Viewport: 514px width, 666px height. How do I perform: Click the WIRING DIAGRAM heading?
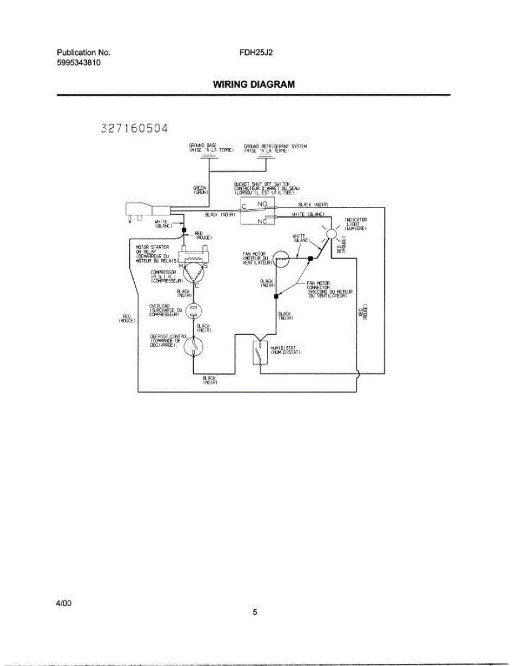click(x=253, y=84)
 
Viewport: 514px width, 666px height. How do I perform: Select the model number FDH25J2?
click(x=256, y=53)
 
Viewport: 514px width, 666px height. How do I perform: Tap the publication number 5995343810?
click(x=79, y=63)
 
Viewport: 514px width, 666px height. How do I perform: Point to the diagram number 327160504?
click(x=134, y=129)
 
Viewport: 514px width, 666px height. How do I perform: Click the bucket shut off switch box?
click(x=259, y=212)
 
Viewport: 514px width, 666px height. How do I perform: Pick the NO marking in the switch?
click(x=262, y=204)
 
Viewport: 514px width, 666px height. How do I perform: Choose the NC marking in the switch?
click(x=262, y=220)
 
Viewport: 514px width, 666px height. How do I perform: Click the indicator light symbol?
click(x=331, y=234)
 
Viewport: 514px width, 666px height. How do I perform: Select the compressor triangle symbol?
click(x=194, y=273)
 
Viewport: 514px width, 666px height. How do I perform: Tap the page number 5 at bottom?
click(x=255, y=613)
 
